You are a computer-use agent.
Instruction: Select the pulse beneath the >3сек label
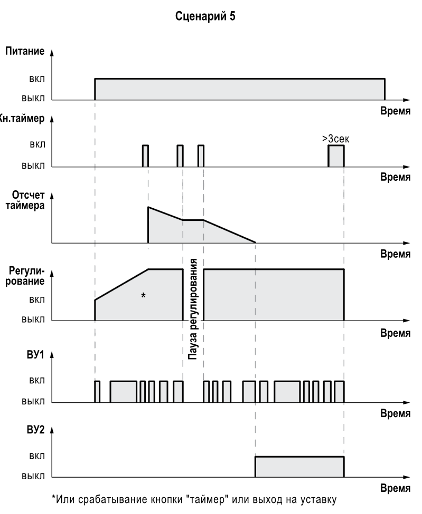click(336, 156)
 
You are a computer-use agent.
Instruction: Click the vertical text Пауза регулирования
click(193, 309)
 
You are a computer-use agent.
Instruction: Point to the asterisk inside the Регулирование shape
click(143, 296)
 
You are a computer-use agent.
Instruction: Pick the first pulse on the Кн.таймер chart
click(145, 156)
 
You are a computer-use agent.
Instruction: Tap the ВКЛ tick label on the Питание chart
click(37, 79)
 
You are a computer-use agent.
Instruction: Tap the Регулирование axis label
click(27, 276)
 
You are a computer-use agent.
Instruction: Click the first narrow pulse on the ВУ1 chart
click(97, 391)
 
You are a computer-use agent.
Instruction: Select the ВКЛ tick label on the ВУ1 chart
click(37, 381)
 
